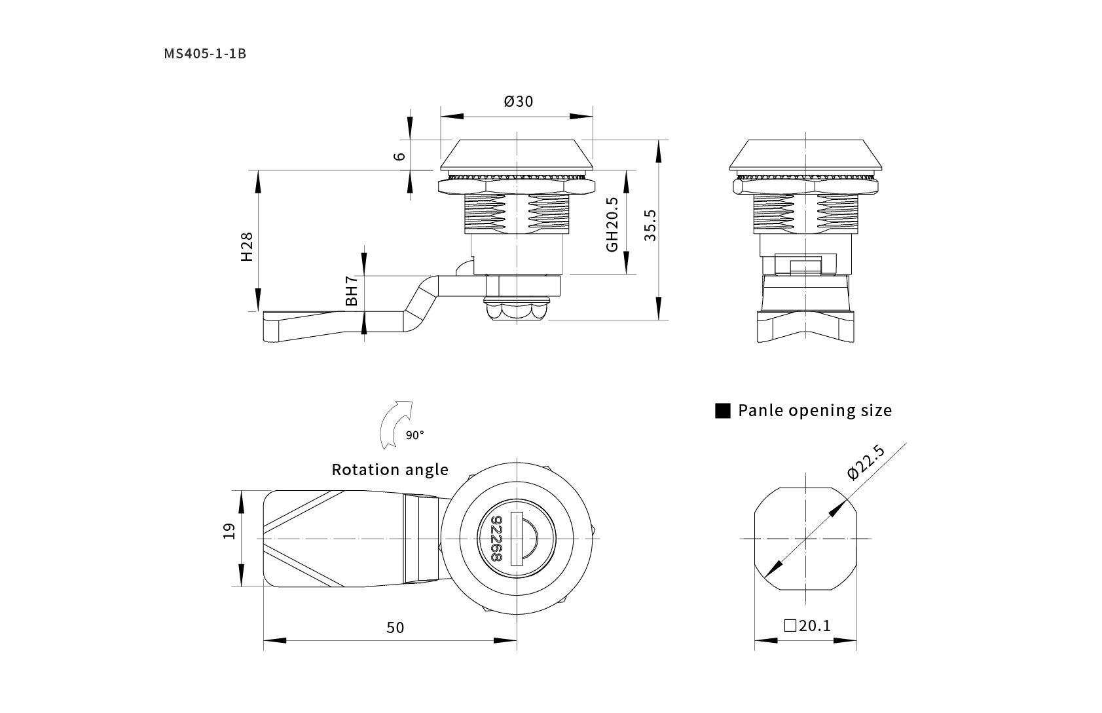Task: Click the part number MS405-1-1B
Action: point(205,54)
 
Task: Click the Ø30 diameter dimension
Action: point(519,102)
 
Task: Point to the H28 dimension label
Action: point(247,246)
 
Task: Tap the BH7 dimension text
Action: point(352,290)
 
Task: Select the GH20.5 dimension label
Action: point(612,225)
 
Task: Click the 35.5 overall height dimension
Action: point(650,225)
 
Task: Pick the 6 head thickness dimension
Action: point(399,156)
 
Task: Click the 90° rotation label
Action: point(414,435)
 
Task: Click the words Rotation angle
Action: point(390,470)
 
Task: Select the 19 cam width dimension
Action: point(229,531)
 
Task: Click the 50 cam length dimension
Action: point(395,628)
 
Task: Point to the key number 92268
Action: point(496,539)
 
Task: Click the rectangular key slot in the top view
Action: point(517,539)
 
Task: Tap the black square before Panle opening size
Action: point(723,411)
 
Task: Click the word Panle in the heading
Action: point(761,411)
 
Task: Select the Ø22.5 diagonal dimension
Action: point(866,462)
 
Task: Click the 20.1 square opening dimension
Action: point(815,626)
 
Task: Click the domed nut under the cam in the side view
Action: point(517,309)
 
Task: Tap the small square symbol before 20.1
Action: point(790,626)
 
